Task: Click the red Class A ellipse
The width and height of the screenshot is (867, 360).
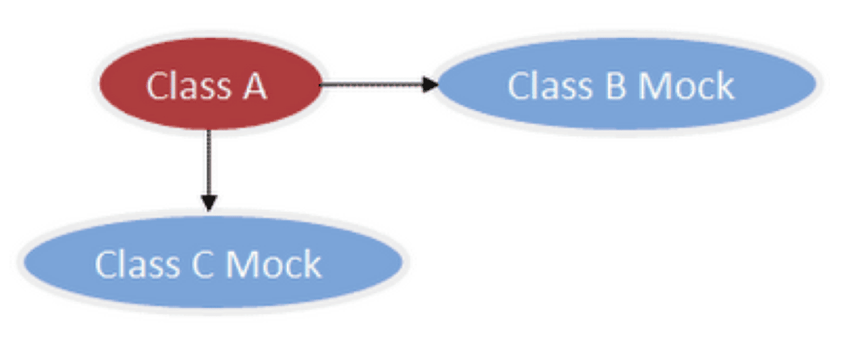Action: [209, 85]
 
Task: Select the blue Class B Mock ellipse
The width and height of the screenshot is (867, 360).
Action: [626, 85]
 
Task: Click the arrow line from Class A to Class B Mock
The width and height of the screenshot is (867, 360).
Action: [372, 84]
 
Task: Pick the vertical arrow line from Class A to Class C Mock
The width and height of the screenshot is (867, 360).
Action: [208, 163]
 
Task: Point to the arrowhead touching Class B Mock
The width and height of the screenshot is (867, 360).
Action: [430, 84]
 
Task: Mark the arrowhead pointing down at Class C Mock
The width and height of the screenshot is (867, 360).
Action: [208, 203]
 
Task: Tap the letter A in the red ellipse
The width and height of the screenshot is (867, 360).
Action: [255, 87]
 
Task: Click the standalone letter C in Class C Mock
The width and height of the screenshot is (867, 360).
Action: [203, 264]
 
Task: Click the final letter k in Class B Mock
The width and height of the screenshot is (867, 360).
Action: [725, 87]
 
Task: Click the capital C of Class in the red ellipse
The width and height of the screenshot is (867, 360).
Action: [157, 87]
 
